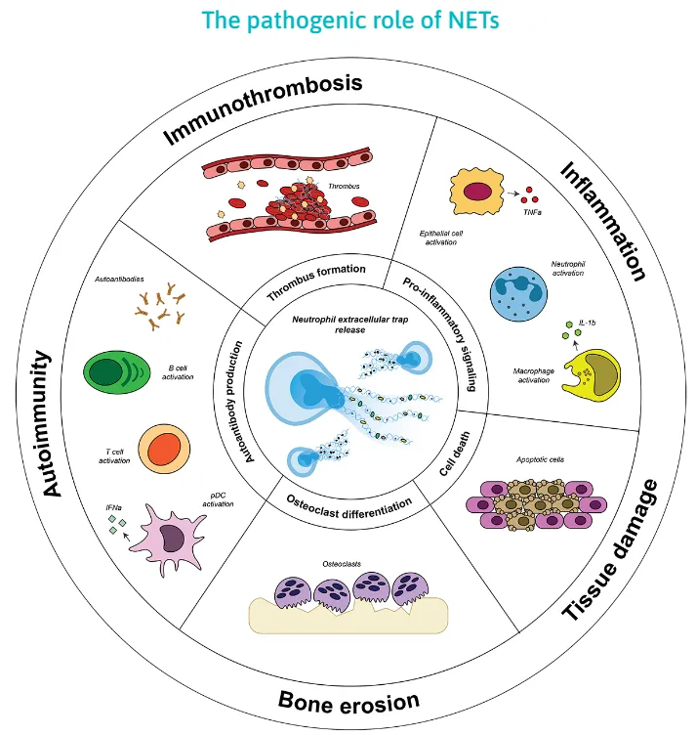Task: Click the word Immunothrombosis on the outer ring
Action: coord(263,108)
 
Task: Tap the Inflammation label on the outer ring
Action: coord(602,221)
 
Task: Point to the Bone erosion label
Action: coord(348,701)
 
